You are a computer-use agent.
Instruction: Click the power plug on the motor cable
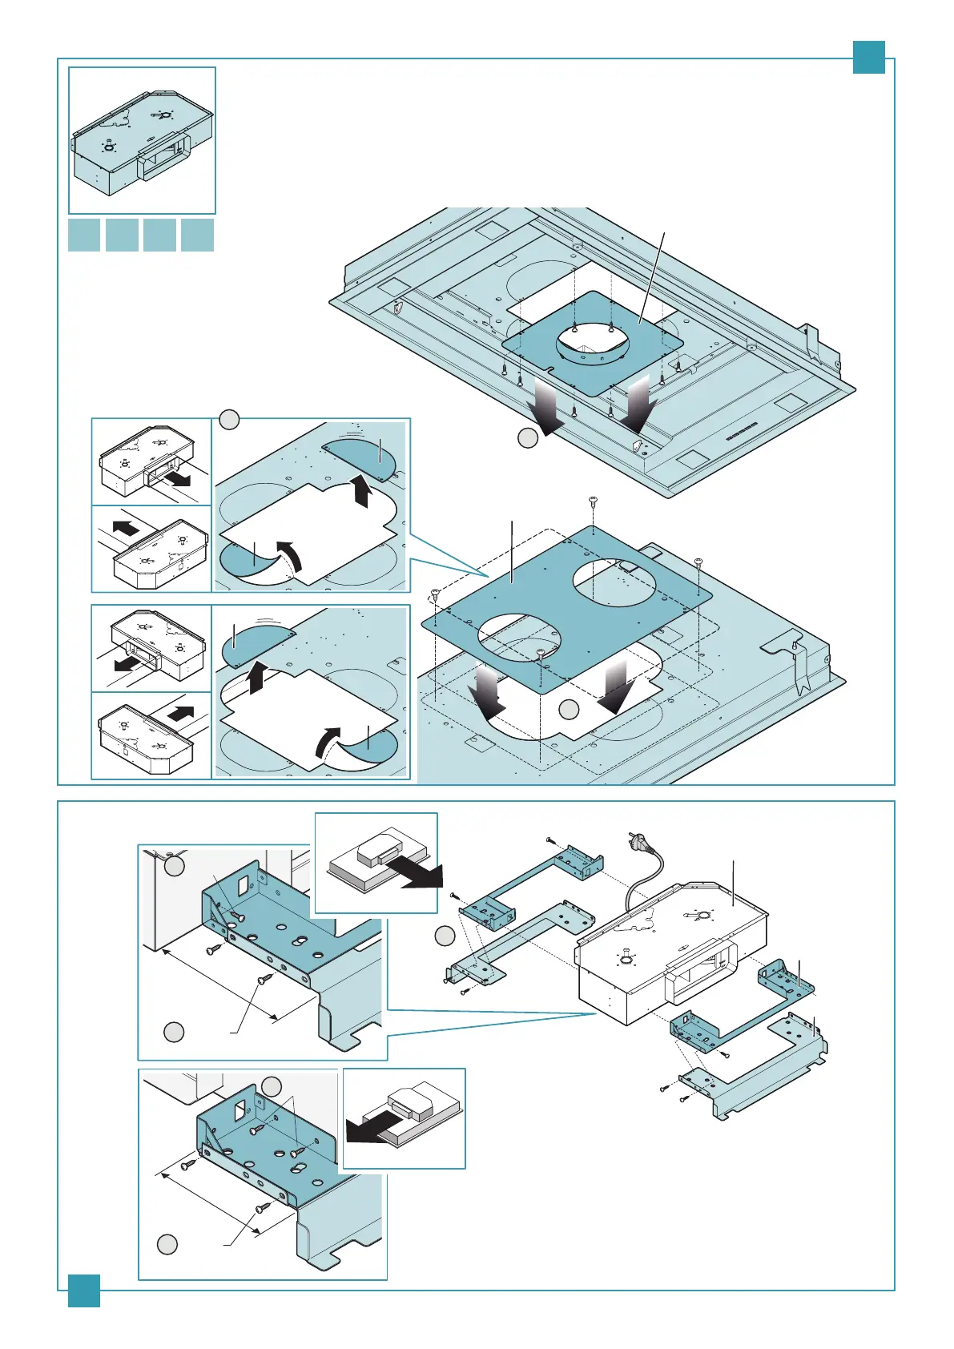631,842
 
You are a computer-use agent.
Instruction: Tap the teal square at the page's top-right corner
868,57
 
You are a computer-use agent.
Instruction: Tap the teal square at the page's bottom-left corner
83,1291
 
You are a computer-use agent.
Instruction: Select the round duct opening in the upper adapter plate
594,344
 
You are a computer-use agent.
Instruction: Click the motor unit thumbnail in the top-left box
142,141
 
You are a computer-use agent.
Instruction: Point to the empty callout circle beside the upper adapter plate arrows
527,438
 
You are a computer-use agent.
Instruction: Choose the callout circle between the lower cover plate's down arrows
569,708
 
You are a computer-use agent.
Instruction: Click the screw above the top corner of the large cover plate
592,502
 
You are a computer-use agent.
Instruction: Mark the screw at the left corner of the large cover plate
435,594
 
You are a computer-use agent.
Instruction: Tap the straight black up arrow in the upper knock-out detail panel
361,490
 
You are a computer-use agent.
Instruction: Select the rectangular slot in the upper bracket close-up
244,884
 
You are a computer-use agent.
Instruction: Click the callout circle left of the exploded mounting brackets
445,936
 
